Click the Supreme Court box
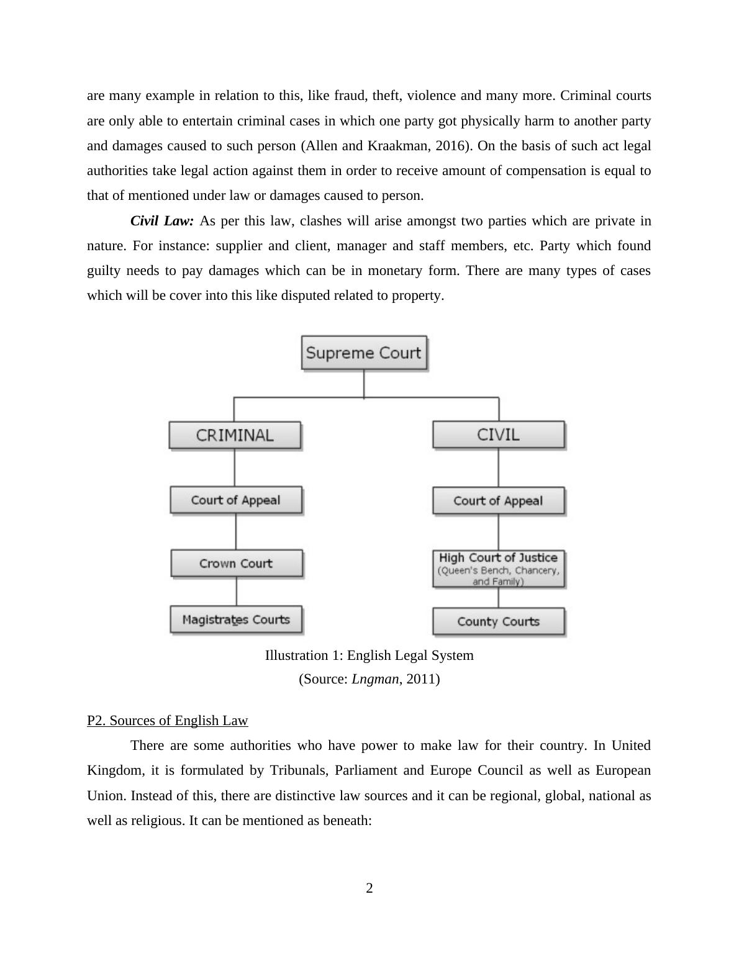tap(364, 353)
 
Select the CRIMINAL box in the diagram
tap(235, 435)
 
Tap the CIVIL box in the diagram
tap(499, 434)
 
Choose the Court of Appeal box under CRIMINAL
tap(236, 500)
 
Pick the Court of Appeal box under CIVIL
tap(499, 500)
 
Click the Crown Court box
tap(237, 563)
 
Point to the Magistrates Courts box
tap(236, 620)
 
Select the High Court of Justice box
tap(499, 568)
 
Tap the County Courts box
tap(499, 621)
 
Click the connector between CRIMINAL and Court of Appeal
tap(235, 467)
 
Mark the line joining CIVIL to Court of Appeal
tap(499, 467)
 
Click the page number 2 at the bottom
tap(369, 888)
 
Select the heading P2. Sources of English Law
tap(168, 721)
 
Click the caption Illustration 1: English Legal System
tap(369, 656)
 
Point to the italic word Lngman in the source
tap(375, 679)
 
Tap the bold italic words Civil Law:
tap(162, 221)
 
